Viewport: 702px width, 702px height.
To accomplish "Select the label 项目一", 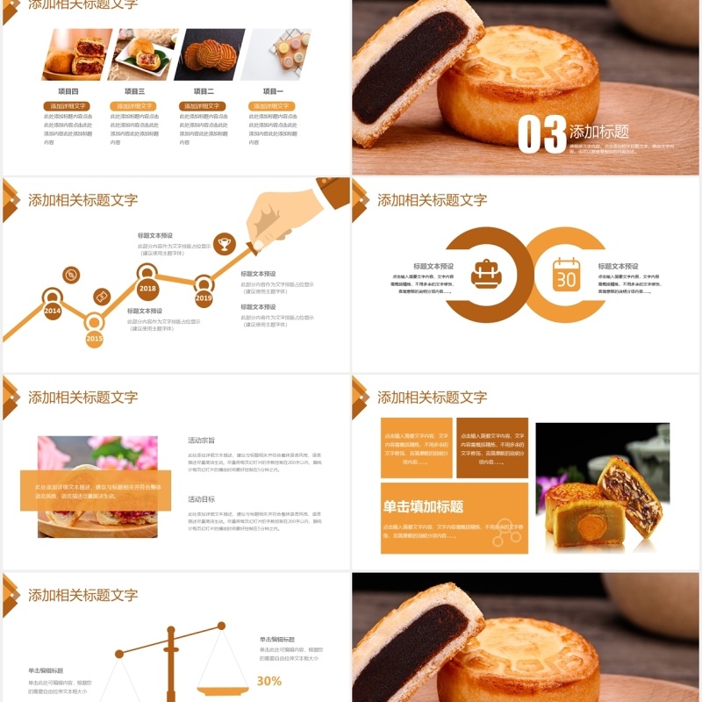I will [273, 91].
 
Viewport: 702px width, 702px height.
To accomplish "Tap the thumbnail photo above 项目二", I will [209, 54].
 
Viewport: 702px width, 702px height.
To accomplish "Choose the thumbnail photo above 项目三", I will [143, 54].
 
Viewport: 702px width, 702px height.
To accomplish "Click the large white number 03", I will [541, 134].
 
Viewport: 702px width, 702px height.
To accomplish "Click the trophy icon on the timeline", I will [225, 243].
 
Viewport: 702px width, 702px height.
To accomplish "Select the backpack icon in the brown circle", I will [485, 275].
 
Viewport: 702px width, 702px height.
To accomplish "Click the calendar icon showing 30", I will [566, 275].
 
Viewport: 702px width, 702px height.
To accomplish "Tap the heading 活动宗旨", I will [201, 440].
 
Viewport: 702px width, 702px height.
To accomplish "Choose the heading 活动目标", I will [201, 499].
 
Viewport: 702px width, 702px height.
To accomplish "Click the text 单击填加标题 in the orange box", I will [423, 506].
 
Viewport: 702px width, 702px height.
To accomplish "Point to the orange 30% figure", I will [269, 681].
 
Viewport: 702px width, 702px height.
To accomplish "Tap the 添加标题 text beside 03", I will [599, 132].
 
